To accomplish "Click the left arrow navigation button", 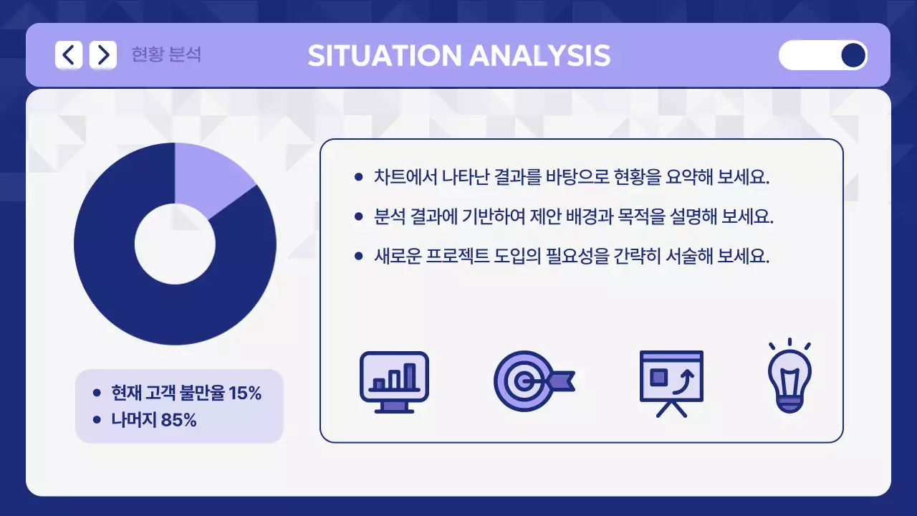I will click(69, 55).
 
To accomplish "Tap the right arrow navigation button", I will click(103, 55).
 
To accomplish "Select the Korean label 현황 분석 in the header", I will click(166, 55).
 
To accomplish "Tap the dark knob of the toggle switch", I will click(853, 55).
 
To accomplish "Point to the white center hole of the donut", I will click(175, 244).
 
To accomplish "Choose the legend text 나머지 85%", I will click(153, 420).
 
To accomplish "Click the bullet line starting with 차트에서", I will click(571, 177).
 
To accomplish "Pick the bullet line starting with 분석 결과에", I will click(573, 216).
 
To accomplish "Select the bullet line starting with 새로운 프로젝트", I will click(571, 256).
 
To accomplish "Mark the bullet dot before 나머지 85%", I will click(97, 420).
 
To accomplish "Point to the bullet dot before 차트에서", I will click(359, 177).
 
